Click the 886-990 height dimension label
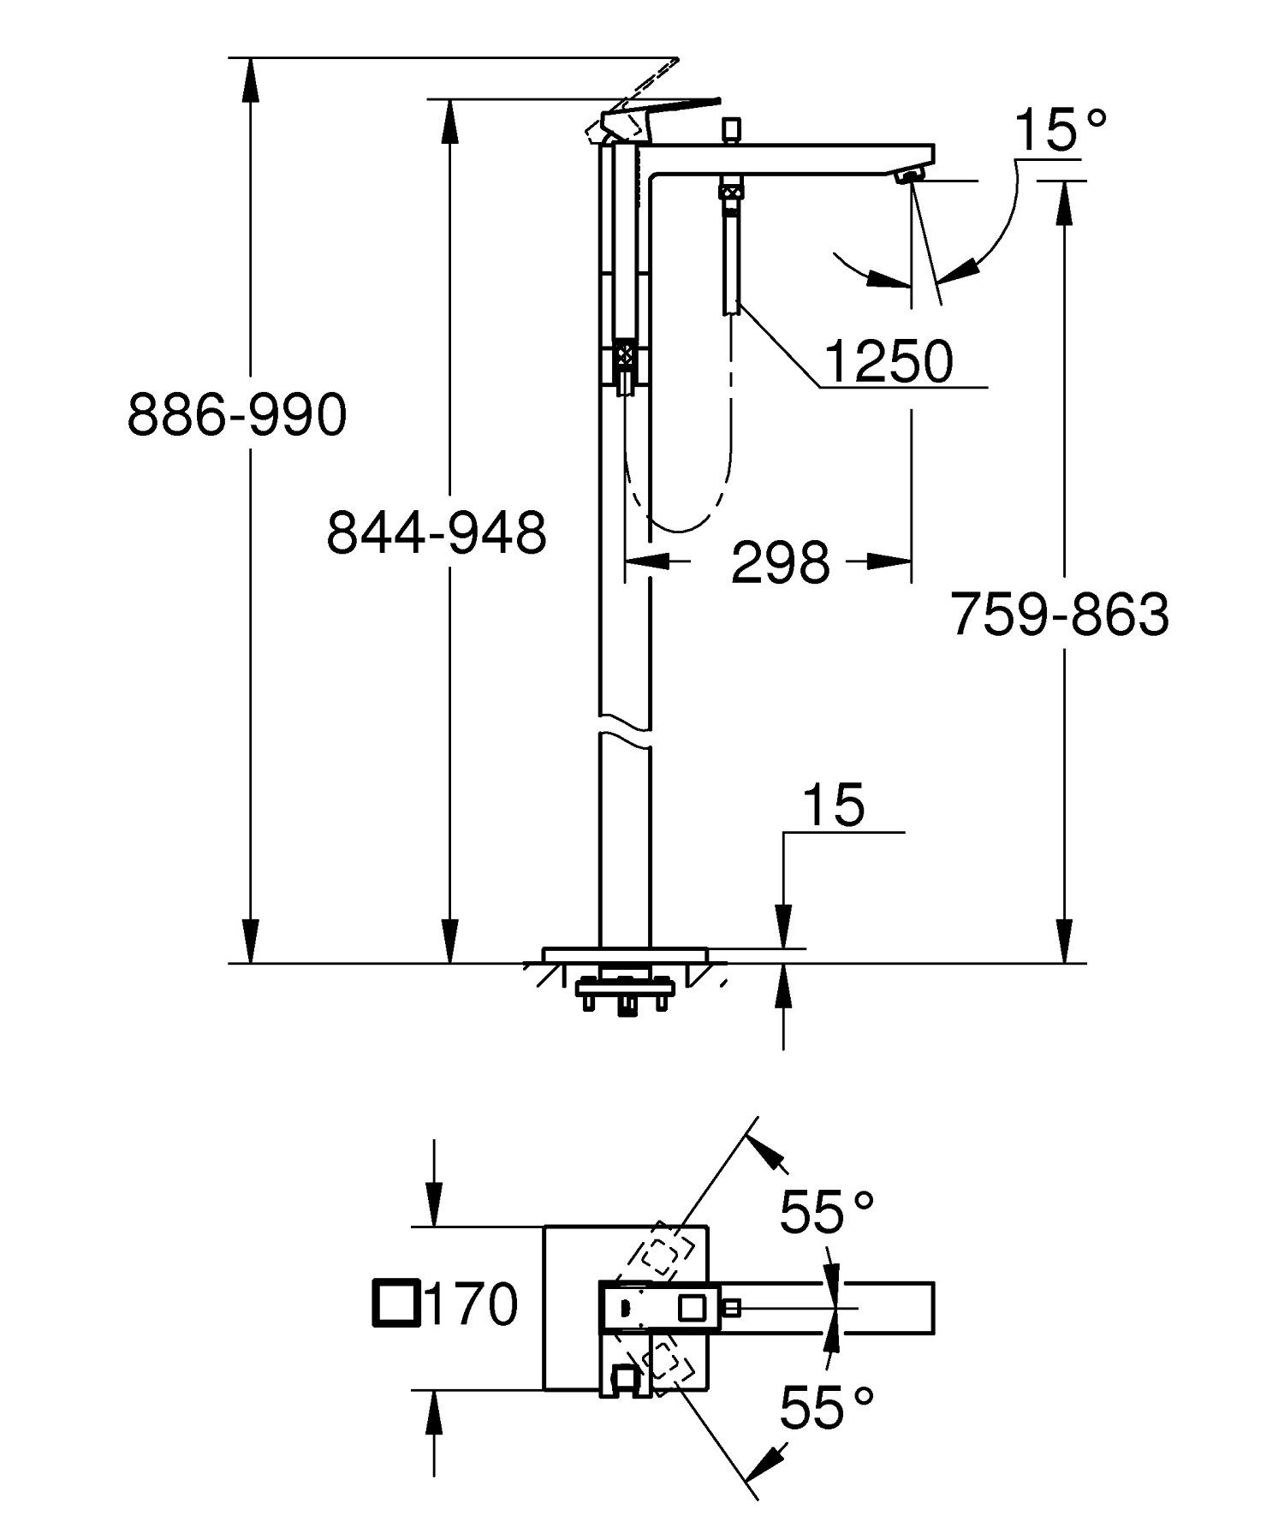click(x=237, y=415)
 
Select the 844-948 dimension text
click(x=437, y=532)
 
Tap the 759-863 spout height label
click(x=1060, y=614)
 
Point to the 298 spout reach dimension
click(x=781, y=562)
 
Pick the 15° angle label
click(x=1060, y=130)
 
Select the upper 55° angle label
click(x=827, y=1212)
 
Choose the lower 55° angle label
click(x=827, y=1408)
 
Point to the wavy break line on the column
click(x=624, y=737)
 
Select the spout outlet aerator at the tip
click(x=909, y=177)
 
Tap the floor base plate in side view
click(x=625, y=954)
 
